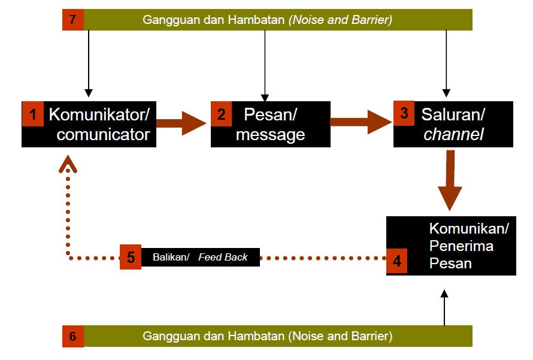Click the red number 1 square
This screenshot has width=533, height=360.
(x=33, y=114)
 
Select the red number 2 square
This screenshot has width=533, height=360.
(x=221, y=114)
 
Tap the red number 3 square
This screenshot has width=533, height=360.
(x=404, y=114)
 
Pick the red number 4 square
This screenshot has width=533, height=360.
(x=396, y=262)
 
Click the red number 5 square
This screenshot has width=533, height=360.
(x=131, y=257)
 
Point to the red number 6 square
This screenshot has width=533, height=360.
(x=73, y=336)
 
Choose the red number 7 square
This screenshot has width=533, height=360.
(x=73, y=20)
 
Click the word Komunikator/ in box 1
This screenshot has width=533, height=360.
(x=98, y=114)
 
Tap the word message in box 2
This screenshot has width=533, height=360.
(x=270, y=135)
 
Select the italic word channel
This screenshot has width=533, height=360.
(x=453, y=134)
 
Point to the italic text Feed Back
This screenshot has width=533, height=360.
(x=223, y=257)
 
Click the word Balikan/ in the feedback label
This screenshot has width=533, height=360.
(x=171, y=257)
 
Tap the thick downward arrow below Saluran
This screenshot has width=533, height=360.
(x=450, y=180)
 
